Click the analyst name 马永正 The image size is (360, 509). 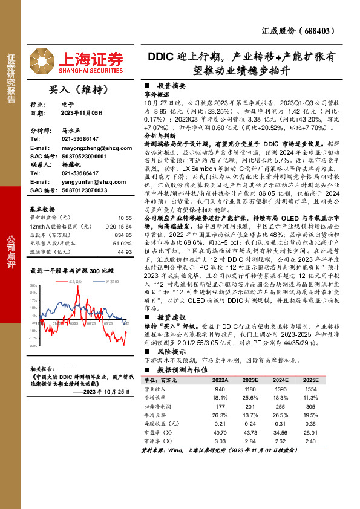(71, 130)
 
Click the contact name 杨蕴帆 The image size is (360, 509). (71, 164)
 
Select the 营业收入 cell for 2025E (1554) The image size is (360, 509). (310, 389)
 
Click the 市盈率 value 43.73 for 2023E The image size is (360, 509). (250, 433)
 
